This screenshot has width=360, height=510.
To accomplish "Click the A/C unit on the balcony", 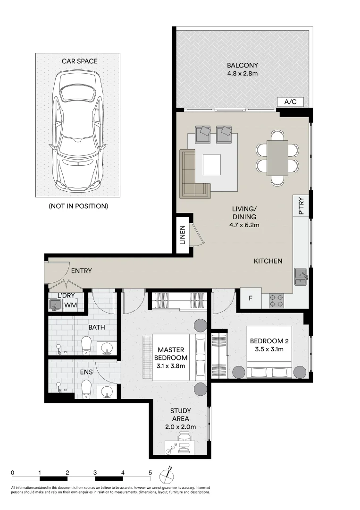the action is [291, 102].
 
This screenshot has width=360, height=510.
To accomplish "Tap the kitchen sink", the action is [301, 276].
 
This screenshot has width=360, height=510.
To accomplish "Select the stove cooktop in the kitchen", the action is [276, 300].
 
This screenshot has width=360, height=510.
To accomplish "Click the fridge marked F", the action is [251, 297].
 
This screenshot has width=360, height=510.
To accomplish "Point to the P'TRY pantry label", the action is [301, 206].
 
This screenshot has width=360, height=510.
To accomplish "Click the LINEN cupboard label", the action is [183, 235].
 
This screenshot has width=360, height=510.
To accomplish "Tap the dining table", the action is [277, 158].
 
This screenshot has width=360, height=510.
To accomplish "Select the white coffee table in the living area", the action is [212, 165].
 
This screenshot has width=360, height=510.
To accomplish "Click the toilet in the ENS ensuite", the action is [86, 390].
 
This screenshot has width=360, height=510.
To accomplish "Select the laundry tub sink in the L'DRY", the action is [56, 305].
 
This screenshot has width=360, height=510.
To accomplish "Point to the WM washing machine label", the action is [70, 305].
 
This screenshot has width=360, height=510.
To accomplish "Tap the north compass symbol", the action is [167, 476].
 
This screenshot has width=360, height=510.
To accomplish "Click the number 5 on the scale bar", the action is [150, 473].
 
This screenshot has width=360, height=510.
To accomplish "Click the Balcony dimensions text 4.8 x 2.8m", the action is [243, 74].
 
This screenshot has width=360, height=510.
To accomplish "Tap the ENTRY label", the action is [82, 271].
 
